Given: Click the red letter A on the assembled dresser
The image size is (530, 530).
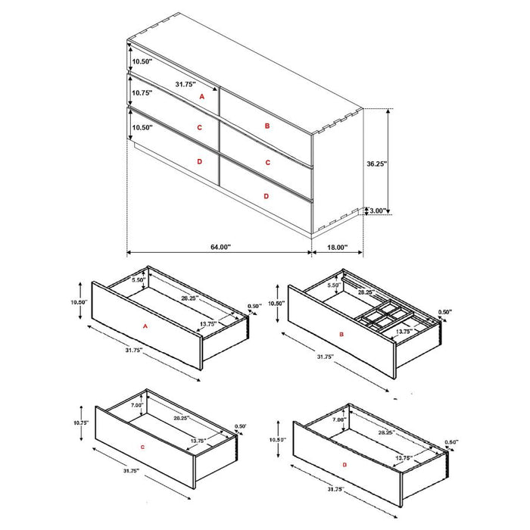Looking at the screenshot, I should [x=201, y=98].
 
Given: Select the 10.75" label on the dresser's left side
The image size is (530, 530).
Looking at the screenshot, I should [x=142, y=93].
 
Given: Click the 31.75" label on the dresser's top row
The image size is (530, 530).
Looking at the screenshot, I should [x=185, y=84].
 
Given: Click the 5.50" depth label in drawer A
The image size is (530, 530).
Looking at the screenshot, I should [x=138, y=280].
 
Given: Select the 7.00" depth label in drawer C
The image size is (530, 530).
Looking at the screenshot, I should [x=136, y=406].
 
